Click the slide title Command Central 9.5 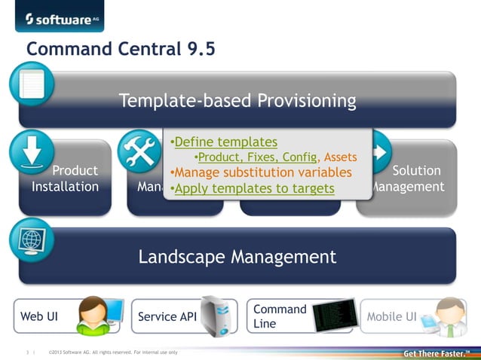121,50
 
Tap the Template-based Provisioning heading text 237,100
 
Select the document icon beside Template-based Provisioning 32,84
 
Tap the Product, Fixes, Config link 257,157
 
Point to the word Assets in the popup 341,157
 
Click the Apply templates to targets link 254,188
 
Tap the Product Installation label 66,178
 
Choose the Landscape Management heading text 237,257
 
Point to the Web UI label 39,317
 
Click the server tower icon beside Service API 219,316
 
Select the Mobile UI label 391,317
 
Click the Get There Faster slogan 437,353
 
